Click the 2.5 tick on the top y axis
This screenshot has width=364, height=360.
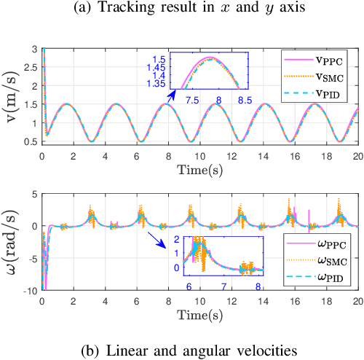pyautogui.click(x=29, y=63)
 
